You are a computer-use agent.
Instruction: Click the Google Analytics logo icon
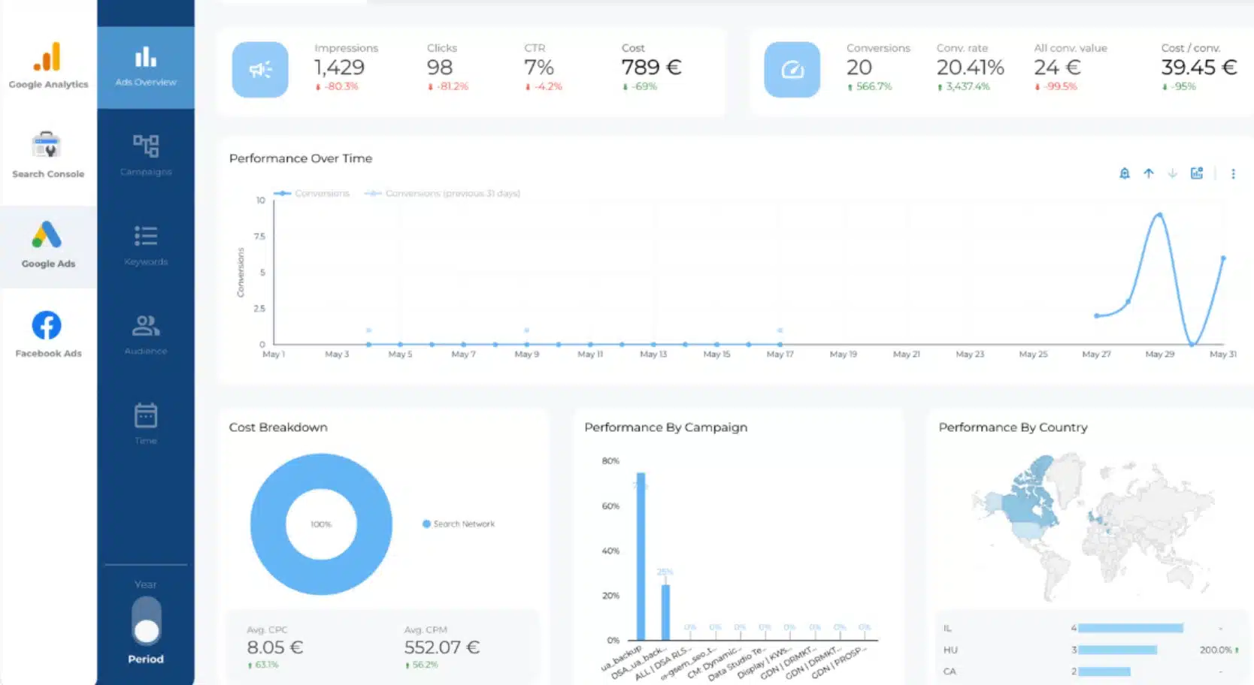click(47, 57)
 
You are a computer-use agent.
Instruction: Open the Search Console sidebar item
click(47, 154)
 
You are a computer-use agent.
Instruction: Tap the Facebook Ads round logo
click(47, 325)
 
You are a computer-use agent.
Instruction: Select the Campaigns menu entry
click(146, 153)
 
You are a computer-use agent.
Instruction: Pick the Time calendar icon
click(146, 415)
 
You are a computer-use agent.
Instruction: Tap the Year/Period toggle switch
click(146, 621)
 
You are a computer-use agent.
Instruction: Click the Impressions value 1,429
click(339, 68)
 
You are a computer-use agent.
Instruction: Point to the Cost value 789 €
click(651, 68)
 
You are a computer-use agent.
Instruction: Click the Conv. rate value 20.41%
click(970, 68)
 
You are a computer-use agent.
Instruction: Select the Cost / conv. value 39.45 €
click(1198, 68)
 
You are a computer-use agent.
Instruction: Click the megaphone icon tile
click(260, 70)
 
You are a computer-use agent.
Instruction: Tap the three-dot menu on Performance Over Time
click(1233, 174)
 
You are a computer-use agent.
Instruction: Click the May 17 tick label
click(780, 354)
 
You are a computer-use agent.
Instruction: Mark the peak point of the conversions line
click(1159, 215)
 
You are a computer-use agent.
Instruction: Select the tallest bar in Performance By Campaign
click(641, 556)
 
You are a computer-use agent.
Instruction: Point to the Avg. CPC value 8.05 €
click(274, 647)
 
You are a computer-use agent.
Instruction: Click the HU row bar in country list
click(1117, 650)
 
